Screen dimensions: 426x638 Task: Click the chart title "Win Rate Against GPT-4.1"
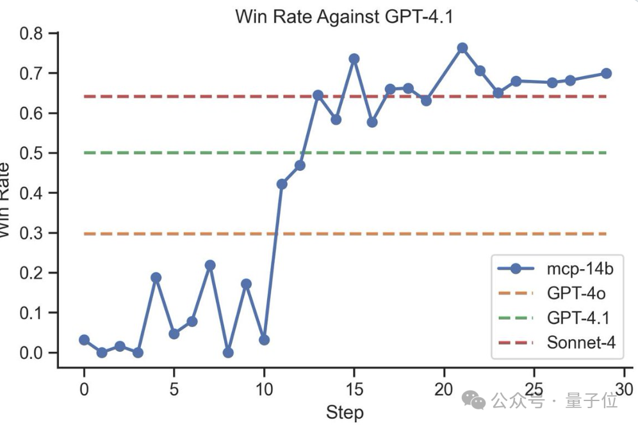(x=344, y=16)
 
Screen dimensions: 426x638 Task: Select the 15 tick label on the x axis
(x=354, y=389)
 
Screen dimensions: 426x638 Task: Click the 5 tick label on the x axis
(x=174, y=389)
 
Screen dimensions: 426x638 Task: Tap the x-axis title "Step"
(x=345, y=413)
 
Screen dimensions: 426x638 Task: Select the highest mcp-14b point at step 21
(x=462, y=48)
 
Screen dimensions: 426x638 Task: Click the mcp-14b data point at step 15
(x=354, y=59)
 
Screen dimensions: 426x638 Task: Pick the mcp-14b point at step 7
(x=209, y=265)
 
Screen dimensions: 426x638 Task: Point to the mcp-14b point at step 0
(x=84, y=340)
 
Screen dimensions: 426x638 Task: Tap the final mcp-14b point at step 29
(x=606, y=73)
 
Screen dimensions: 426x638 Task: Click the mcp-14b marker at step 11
(x=282, y=184)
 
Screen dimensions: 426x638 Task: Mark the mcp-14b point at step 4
(x=156, y=278)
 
